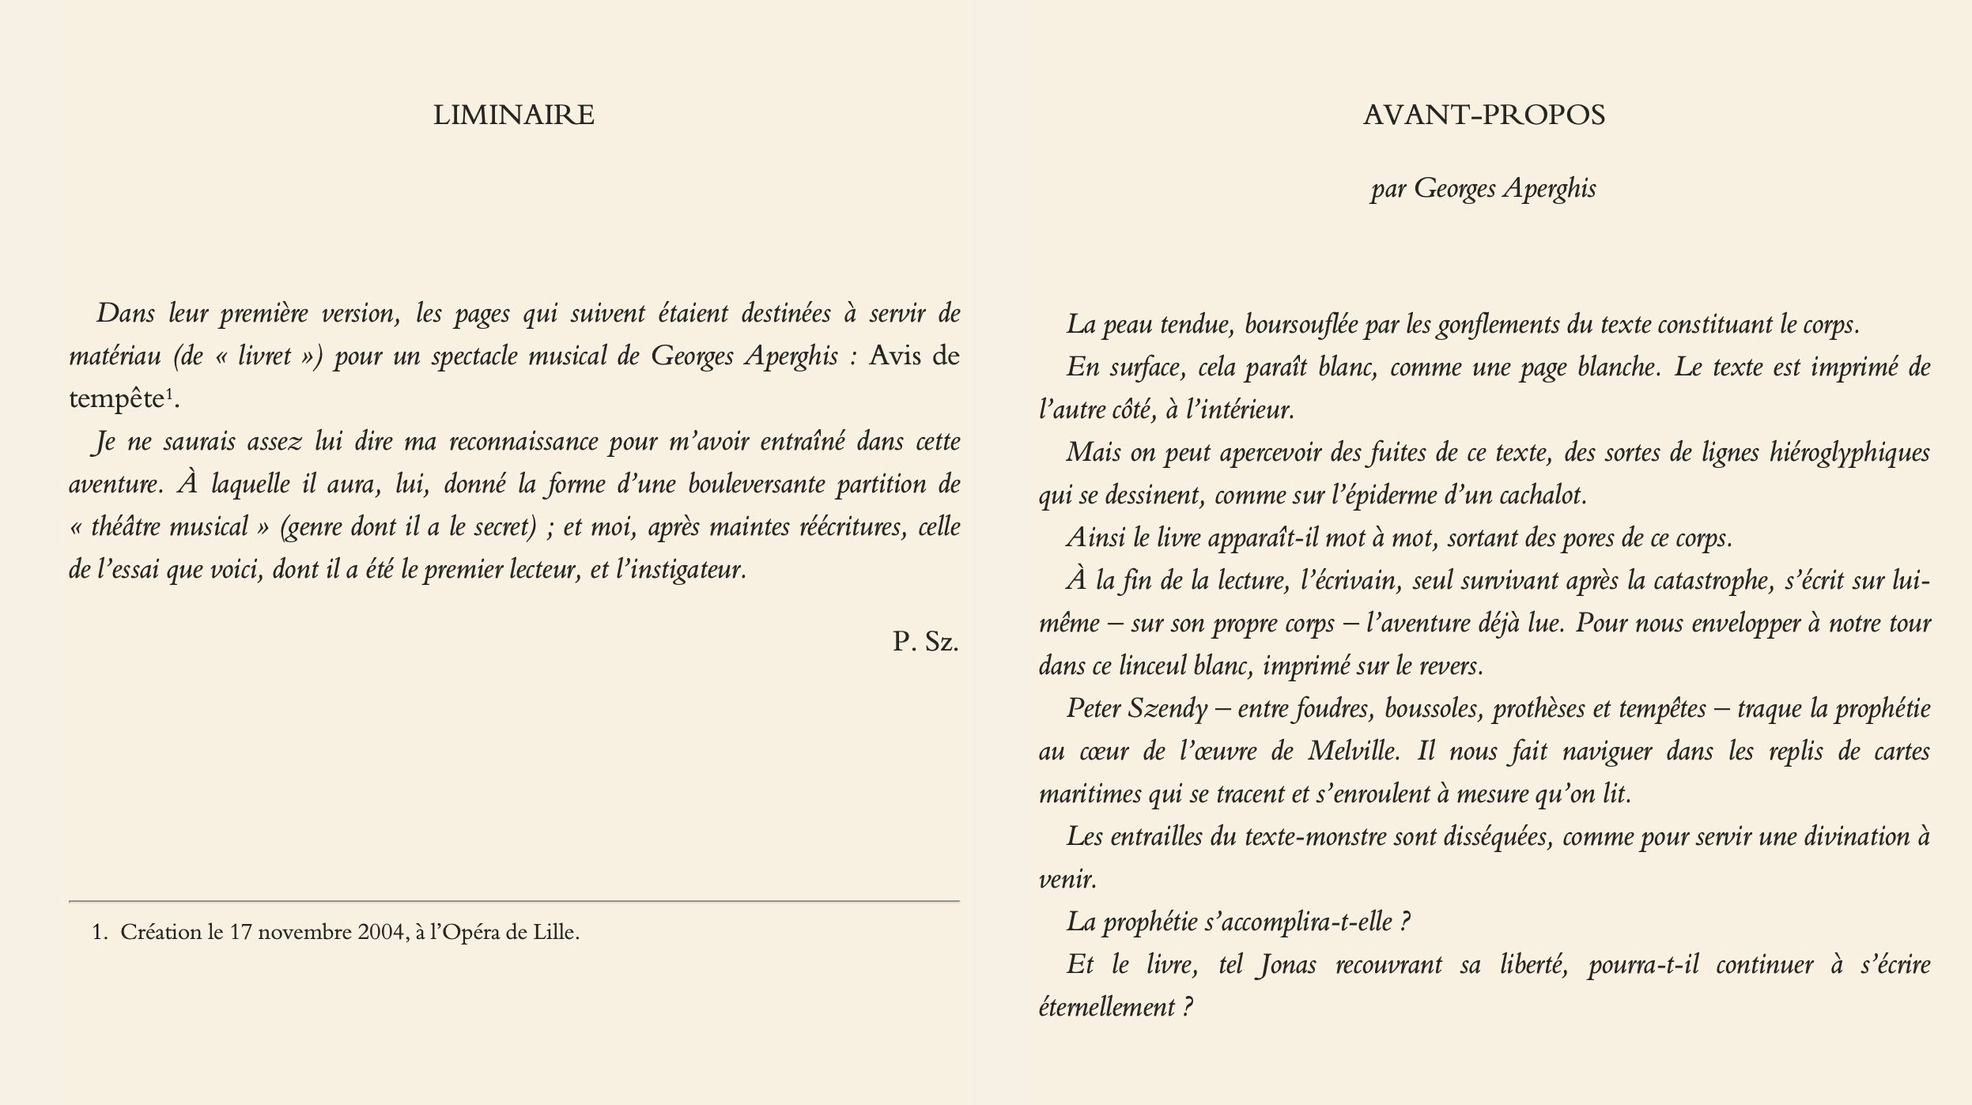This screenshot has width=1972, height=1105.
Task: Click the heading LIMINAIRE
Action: click(513, 115)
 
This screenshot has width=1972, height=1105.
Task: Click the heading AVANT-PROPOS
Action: click(1483, 115)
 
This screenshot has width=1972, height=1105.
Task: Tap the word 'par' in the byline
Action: click(1388, 190)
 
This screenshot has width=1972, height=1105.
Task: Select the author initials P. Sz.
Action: click(925, 641)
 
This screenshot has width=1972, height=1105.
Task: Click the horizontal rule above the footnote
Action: click(514, 901)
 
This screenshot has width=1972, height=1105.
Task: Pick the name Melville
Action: click(1352, 751)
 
